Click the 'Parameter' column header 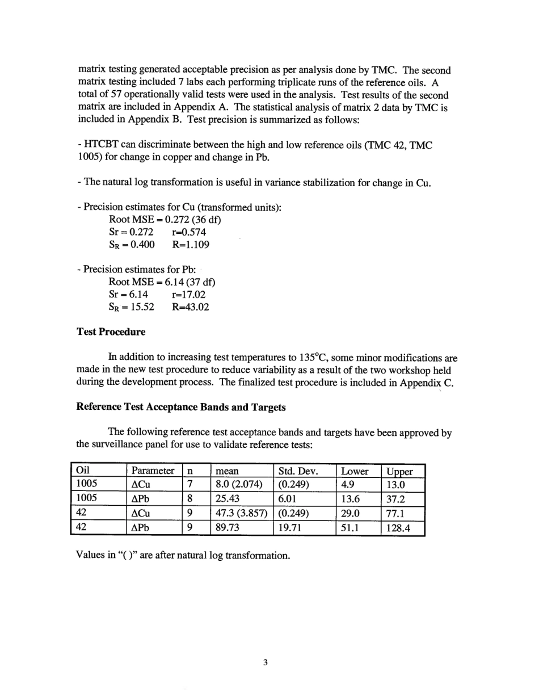(153, 471)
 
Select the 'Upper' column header (399, 472)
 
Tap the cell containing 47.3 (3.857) (241, 514)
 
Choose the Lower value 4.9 (347, 485)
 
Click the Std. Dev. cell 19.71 (290, 529)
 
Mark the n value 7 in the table (191, 485)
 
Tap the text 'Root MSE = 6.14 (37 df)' (162, 282)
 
